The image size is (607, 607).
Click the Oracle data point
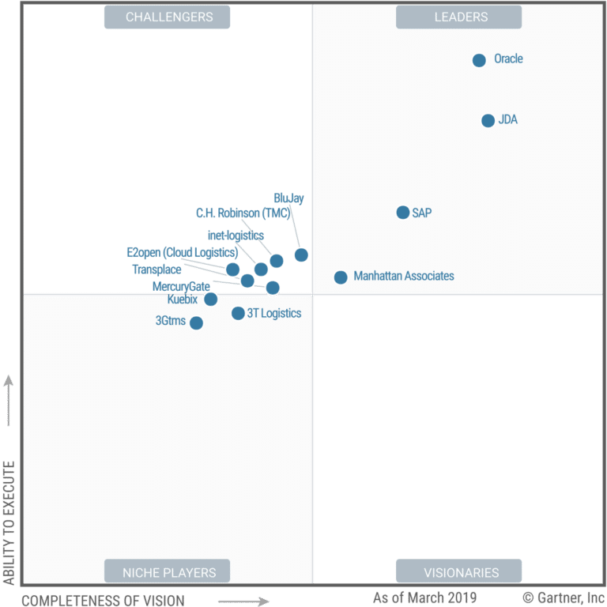[479, 60]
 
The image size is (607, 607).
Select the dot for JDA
[488, 121]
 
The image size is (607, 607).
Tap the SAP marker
[403, 213]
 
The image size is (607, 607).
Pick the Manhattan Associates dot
[341, 277]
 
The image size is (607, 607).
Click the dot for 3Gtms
[196, 322]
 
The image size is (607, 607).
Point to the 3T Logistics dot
[238, 313]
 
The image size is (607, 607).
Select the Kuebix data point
[210, 299]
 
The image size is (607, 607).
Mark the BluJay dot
[301, 254]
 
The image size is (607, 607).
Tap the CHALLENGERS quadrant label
[168, 17]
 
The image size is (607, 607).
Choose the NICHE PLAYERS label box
[168, 571]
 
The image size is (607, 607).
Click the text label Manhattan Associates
[404, 277]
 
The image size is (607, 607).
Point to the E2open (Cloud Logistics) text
[182, 253]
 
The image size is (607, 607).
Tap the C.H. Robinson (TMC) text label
[243, 213]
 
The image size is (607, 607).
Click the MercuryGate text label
[181, 286]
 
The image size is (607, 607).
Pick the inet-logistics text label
[236, 236]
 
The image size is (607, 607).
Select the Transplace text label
[156, 270]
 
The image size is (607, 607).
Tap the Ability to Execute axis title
[9, 522]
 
